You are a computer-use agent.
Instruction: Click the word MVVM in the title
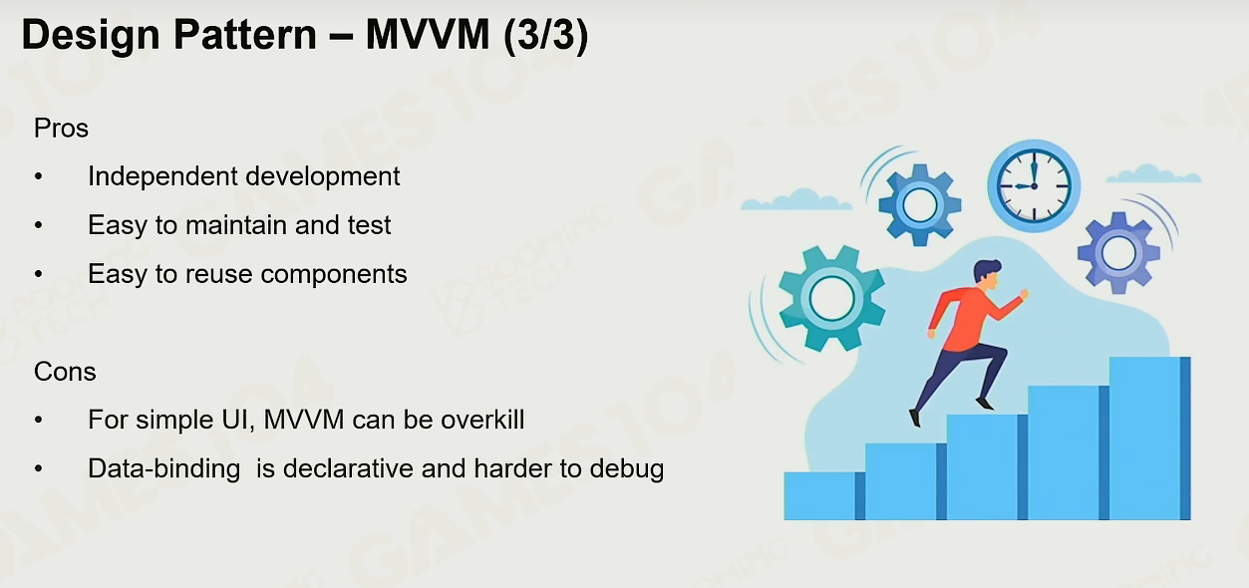[428, 35]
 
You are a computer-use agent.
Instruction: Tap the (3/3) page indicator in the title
[546, 36]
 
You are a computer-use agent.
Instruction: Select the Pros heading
[61, 129]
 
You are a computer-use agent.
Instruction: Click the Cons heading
[65, 372]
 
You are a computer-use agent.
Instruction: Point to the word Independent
[162, 176]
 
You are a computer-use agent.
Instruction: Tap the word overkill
[482, 420]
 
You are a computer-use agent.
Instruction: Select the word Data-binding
[163, 469]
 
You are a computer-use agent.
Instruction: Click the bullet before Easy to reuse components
[38, 274]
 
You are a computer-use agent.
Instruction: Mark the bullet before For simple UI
[38, 420]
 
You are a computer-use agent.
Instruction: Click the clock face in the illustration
[1034, 185]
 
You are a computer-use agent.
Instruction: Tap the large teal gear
[831, 298]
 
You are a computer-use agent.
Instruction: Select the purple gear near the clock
[1118, 252]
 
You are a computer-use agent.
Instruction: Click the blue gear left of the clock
[919, 204]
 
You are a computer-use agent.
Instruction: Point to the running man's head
[988, 274]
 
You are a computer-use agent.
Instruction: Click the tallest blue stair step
[1149, 439]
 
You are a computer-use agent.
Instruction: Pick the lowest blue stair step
[824, 496]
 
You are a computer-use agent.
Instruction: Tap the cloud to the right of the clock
[1153, 173]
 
